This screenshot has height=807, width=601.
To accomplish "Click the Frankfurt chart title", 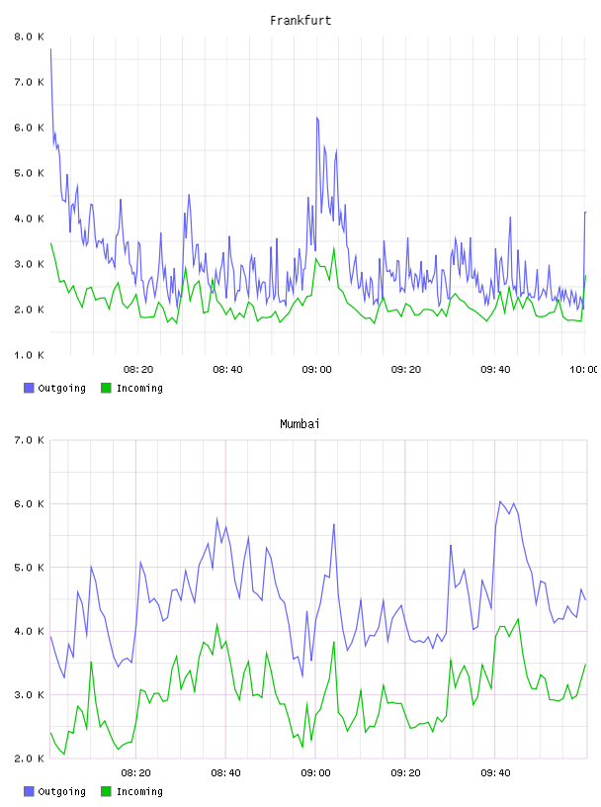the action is tap(300, 21).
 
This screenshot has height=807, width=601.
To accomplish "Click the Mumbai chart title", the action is tap(300, 424).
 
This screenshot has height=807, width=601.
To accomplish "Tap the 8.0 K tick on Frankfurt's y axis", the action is tap(30, 37).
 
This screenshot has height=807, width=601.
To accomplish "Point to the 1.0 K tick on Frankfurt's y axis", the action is tap(30, 355).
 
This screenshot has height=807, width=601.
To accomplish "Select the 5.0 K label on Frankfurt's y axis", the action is tap(30, 173).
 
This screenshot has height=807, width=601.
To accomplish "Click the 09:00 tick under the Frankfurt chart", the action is tap(317, 370).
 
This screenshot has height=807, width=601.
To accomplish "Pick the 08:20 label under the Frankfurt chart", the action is tap(138, 370).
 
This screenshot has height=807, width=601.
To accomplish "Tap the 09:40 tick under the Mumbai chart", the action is tap(495, 773).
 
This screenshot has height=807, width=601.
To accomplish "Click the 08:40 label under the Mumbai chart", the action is tap(226, 773).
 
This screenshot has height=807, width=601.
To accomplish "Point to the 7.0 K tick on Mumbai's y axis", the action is tap(30, 440).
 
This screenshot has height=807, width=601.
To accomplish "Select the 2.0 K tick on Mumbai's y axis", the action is tap(30, 759).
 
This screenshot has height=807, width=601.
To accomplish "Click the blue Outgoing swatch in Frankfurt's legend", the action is tap(29, 388).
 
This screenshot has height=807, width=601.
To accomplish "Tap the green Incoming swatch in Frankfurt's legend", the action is tap(106, 388).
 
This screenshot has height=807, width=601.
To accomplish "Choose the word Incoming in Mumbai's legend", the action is tap(139, 791).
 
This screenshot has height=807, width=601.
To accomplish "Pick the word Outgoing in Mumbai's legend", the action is tap(61, 791).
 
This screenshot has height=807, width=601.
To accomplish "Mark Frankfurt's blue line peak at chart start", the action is tap(50, 49).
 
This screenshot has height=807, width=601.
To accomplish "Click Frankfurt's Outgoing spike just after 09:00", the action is tap(317, 118).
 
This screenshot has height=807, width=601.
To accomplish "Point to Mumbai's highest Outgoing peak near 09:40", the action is tap(499, 501).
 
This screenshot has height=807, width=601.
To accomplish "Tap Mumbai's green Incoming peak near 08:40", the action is tap(217, 624).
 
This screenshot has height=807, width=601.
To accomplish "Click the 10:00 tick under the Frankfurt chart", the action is tap(584, 370).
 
